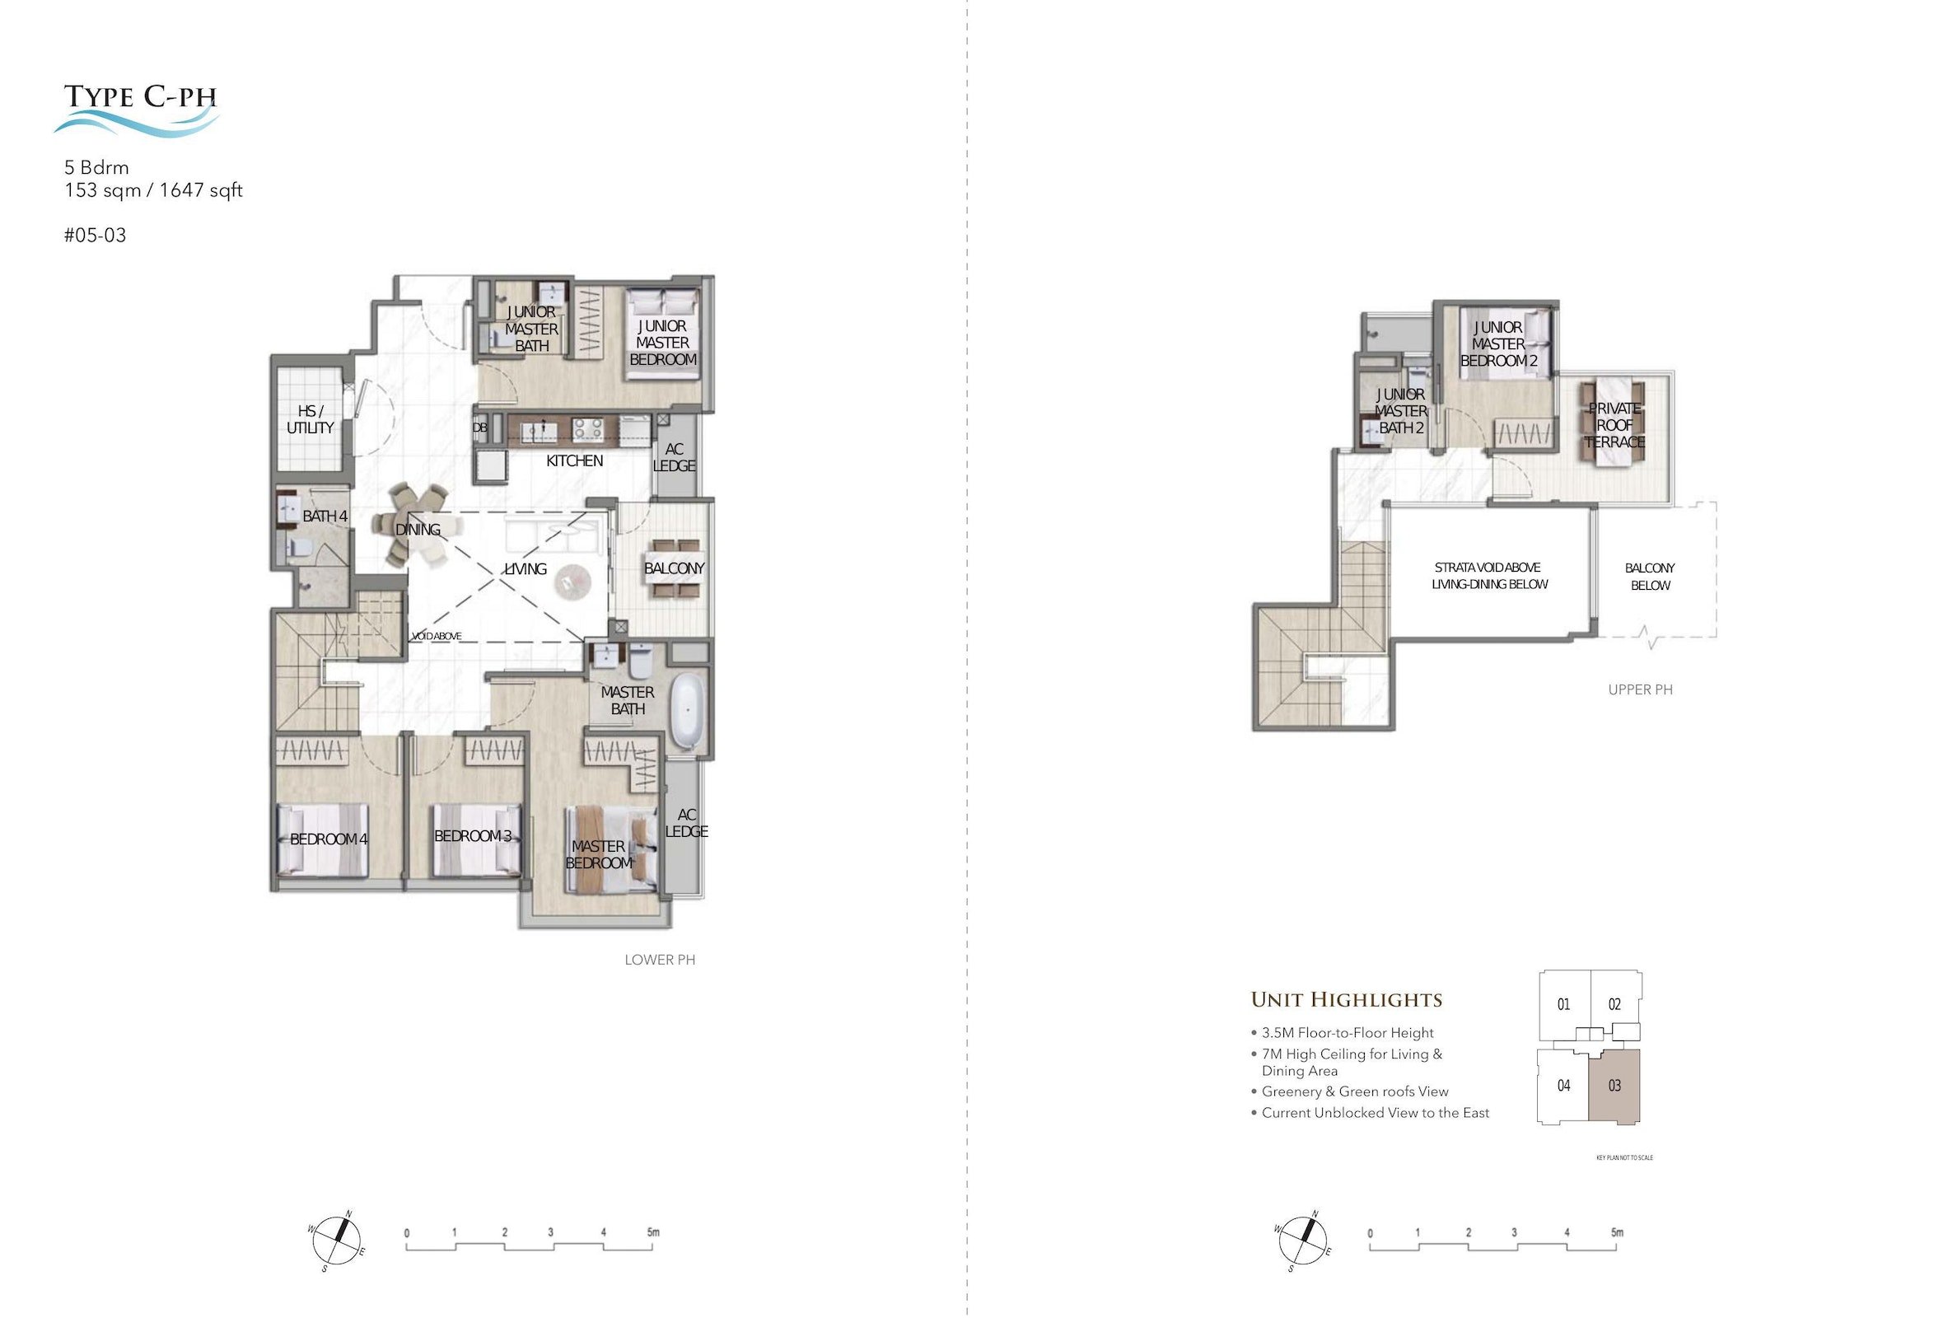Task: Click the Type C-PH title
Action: (141, 96)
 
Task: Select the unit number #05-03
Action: (95, 236)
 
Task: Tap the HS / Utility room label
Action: (311, 419)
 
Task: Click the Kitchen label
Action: (574, 461)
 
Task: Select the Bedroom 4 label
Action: (328, 839)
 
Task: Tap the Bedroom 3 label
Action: (473, 835)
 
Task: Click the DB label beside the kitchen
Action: (480, 428)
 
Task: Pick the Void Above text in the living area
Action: (437, 637)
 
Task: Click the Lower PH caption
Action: (660, 960)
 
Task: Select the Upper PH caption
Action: (1640, 689)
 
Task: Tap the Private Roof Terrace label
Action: (1614, 425)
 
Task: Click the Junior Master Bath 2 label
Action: (1401, 411)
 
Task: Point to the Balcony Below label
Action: (1650, 577)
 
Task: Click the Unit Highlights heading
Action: (1347, 999)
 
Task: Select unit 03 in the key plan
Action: (1614, 1086)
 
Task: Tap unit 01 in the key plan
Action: (1563, 1004)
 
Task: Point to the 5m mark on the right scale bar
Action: (1616, 1232)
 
